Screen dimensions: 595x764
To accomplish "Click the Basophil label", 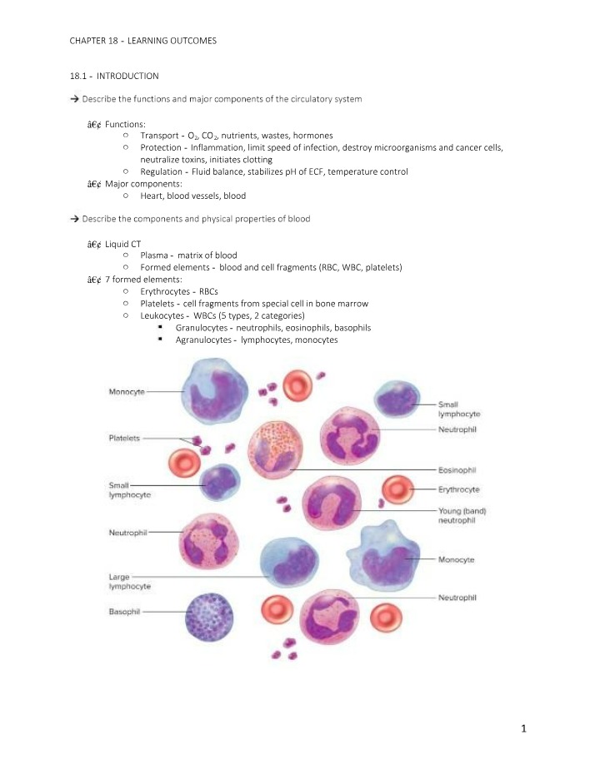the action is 124,612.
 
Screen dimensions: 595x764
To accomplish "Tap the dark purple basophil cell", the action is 209,617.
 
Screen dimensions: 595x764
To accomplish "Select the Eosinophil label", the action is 457,470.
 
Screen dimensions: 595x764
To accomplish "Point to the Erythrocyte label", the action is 459,489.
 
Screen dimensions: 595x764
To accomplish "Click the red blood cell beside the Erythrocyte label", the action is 397,489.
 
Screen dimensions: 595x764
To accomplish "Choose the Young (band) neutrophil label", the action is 462,515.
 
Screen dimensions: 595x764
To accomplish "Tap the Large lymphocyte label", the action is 130,581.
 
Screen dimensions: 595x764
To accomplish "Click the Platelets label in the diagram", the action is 124,438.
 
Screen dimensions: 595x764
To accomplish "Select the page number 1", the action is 524,729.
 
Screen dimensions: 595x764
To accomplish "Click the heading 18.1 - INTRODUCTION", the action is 114,76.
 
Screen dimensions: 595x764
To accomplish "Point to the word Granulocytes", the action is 202,328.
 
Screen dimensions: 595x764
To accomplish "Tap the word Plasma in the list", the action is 154,255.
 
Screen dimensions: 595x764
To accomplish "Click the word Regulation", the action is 161,171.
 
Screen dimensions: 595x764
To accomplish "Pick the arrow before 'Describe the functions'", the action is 75,99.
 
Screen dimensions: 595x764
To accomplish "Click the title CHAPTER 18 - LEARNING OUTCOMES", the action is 142,41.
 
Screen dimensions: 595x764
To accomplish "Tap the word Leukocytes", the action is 162,315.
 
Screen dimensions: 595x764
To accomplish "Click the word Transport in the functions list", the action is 159,136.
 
